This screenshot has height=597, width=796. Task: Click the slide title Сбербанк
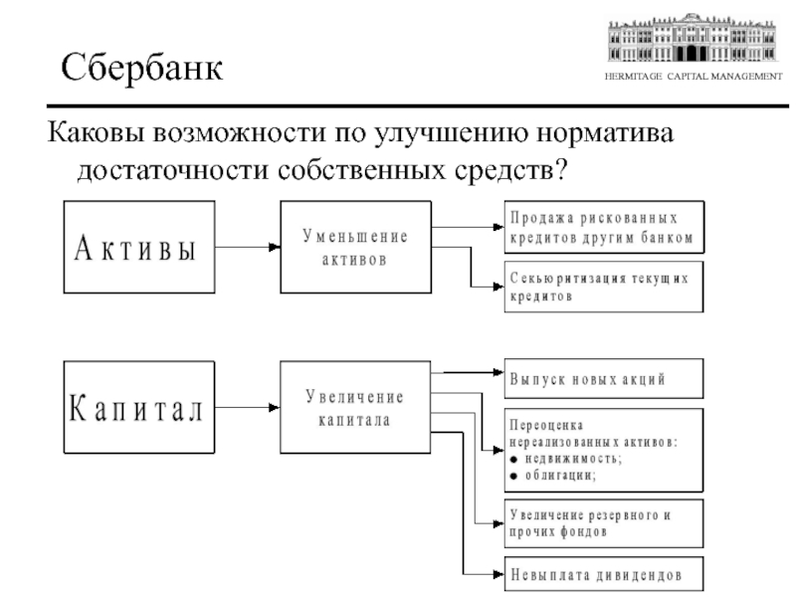point(142,67)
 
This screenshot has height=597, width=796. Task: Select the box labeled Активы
point(138,247)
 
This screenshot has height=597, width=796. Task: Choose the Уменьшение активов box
point(355,247)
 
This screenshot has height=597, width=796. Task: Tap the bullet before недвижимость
point(513,458)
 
